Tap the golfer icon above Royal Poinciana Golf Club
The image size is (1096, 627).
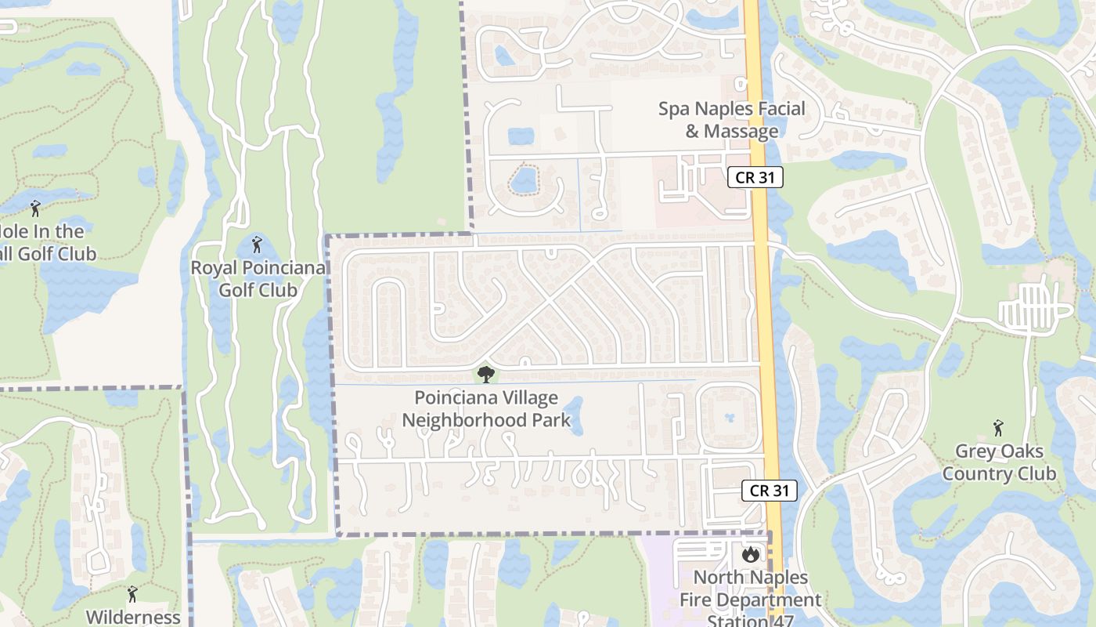tap(257, 245)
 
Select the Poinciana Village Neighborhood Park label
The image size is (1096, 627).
tap(486, 409)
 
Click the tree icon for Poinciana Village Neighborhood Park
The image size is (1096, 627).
tap(486, 374)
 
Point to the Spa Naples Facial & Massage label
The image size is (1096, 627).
tap(731, 120)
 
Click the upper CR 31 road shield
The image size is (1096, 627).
tap(755, 177)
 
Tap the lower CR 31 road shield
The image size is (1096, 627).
tap(769, 491)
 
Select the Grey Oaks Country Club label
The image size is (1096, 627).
tap(998, 462)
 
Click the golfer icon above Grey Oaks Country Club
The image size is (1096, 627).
tap(998, 428)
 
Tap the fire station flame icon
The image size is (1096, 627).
tap(751, 555)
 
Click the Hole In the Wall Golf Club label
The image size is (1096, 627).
tap(47, 242)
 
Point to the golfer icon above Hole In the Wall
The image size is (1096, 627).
tap(34, 208)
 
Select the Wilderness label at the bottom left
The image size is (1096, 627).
tap(132, 617)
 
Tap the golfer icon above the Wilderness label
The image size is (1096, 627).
tap(132, 594)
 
